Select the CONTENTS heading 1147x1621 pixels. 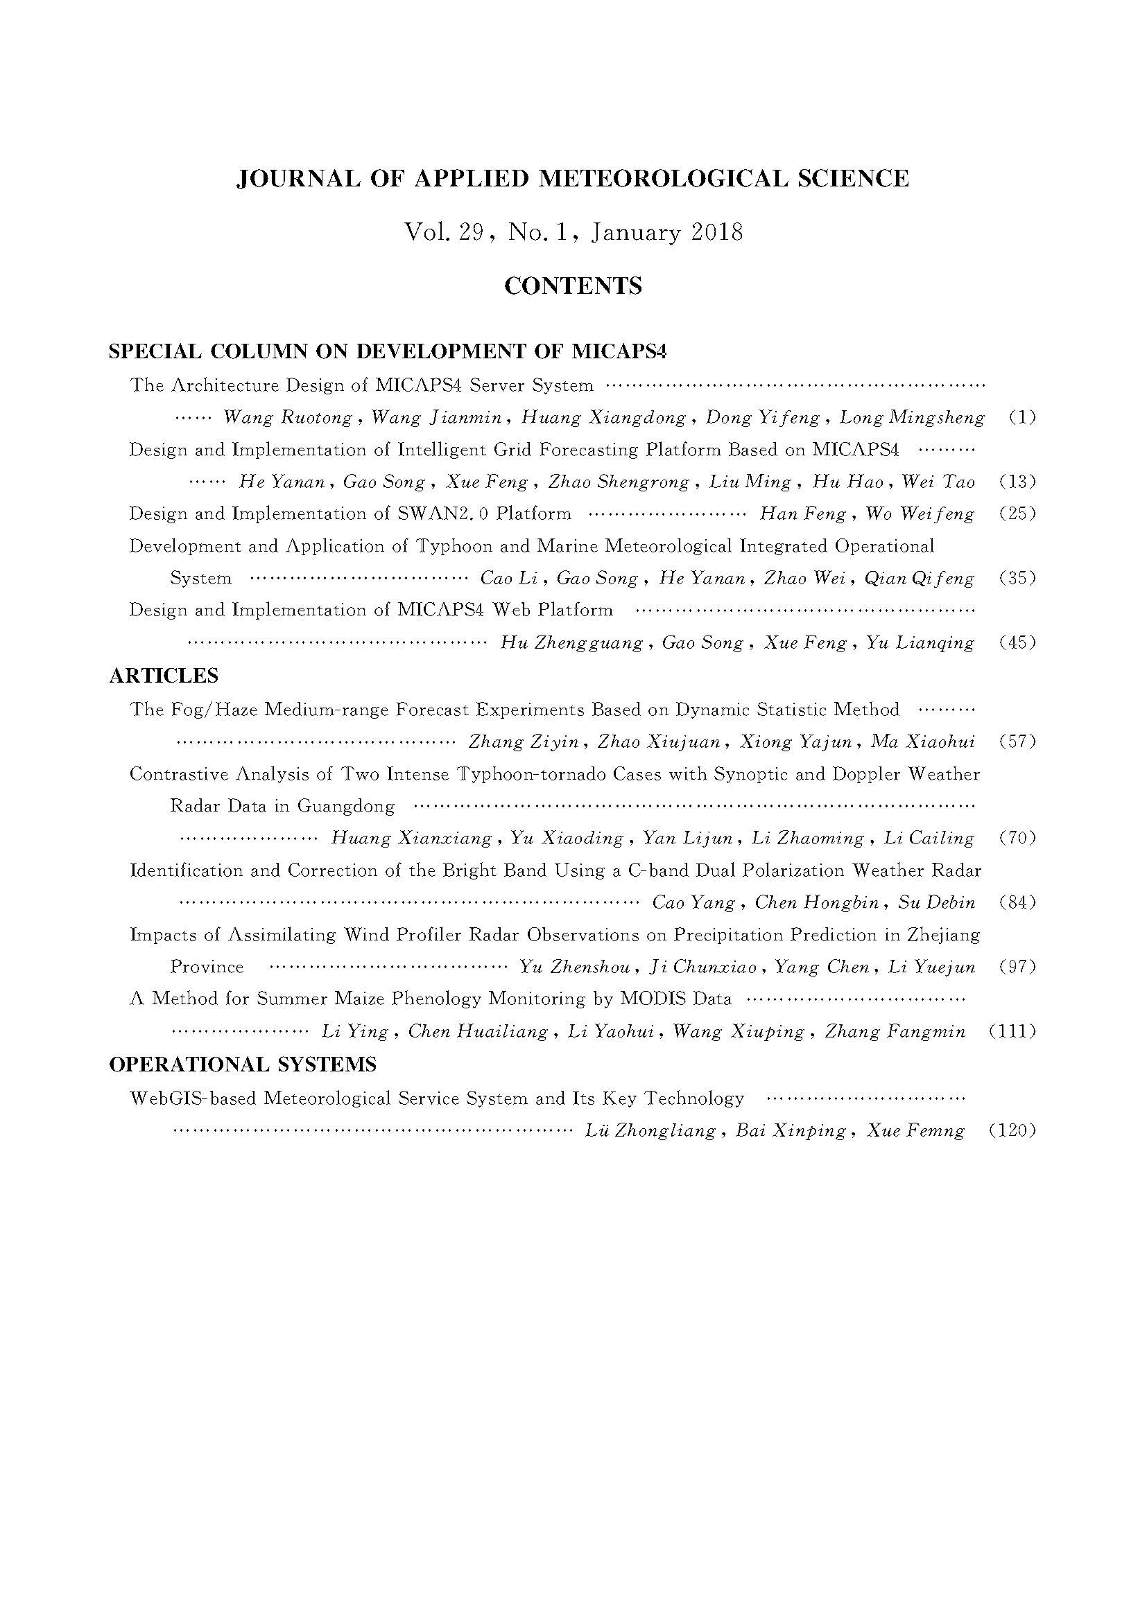[573, 286]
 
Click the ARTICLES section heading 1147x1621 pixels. [164, 676]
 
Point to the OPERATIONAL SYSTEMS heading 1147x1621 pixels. [243, 1064]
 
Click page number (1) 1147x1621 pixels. [1022, 417]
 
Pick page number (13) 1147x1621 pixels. [1018, 482]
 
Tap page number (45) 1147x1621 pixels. [1018, 642]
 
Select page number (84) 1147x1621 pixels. [1018, 902]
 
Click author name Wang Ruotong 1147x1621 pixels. [288, 418]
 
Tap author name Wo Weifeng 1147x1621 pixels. [920, 514]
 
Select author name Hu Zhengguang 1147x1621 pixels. [571, 643]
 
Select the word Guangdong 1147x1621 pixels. [346, 805]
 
